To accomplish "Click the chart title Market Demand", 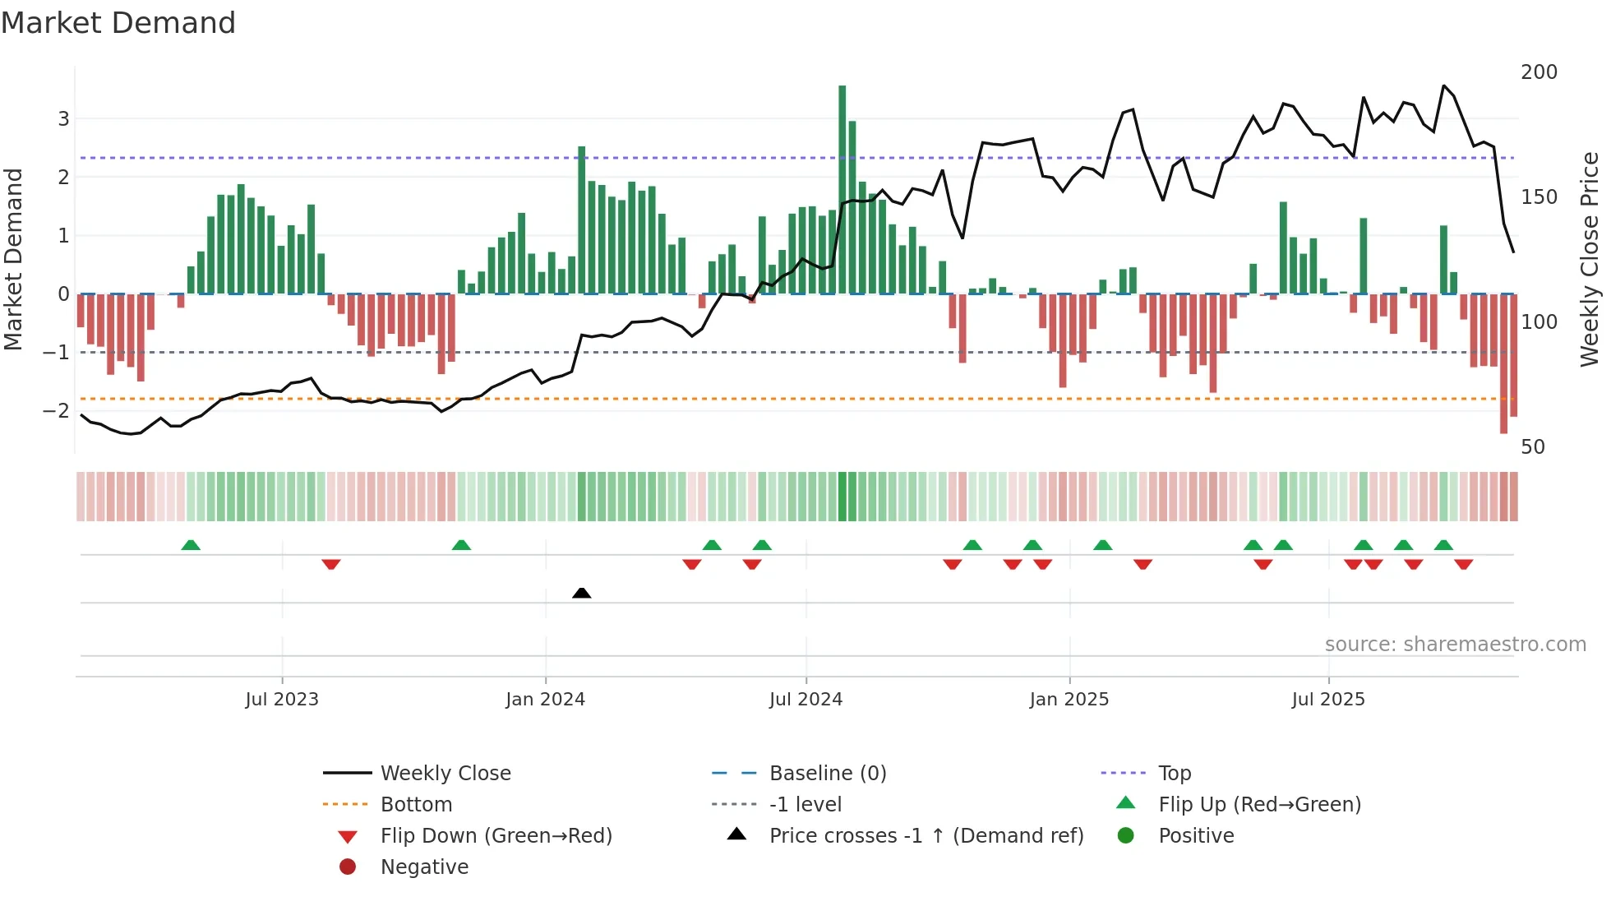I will pyautogui.click(x=118, y=23).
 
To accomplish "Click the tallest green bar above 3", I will pyautogui.click(x=842, y=189).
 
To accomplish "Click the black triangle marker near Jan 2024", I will pyautogui.click(x=581, y=593).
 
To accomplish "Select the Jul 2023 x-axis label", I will pyautogui.click(x=281, y=700).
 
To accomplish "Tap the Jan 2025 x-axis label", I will pyautogui.click(x=1069, y=700).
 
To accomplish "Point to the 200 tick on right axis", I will pyautogui.click(x=1539, y=72).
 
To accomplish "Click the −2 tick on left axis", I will pyautogui.click(x=57, y=410).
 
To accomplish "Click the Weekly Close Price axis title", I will pyautogui.click(x=1590, y=259).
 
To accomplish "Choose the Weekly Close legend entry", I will pyautogui.click(x=445, y=773).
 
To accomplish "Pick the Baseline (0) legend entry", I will pyautogui.click(x=827, y=773).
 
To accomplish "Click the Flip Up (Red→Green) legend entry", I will pyautogui.click(x=1259, y=804).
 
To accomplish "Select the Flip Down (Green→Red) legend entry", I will pyautogui.click(x=496, y=835).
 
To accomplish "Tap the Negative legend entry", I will pyautogui.click(x=424, y=867).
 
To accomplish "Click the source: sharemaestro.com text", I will pyautogui.click(x=1455, y=645).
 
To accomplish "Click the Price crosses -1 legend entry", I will pyautogui.click(x=926, y=835).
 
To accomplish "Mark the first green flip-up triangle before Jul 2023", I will pyautogui.click(x=191, y=545).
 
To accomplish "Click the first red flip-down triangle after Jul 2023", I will pyautogui.click(x=331, y=564).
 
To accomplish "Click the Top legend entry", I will pyautogui.click(x=1174, y=773).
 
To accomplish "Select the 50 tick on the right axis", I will pyautogui.click(x=1532, y=447).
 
